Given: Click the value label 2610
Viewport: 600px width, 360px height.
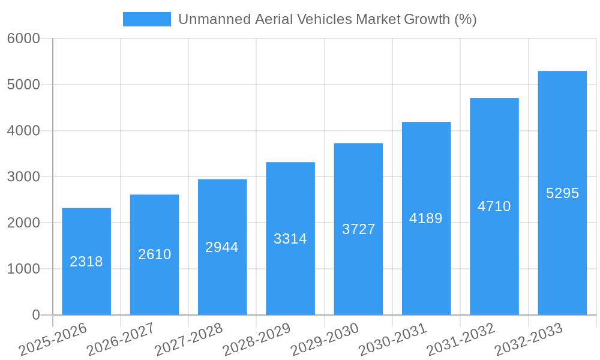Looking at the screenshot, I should point(154,254).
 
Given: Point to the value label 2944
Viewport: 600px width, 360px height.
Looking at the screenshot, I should point(222,247).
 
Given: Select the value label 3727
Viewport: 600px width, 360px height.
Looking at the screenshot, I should point(358,229).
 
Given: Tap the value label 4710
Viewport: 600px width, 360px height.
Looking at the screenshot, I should point(494,206).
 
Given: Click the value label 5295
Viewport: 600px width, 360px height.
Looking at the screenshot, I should point(562,193).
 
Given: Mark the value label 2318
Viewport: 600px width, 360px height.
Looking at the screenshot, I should point(86,262).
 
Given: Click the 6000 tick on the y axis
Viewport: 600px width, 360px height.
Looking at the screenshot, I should point(23,39).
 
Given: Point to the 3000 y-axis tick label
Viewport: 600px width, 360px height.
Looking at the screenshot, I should point(23,177).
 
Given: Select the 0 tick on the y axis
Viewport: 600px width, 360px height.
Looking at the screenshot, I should point(35,315).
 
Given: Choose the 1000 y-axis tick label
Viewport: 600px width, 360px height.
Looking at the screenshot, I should point(23,269).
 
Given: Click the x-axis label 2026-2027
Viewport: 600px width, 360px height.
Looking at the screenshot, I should point(121,340).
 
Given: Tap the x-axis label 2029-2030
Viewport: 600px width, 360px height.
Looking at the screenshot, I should point(325,340).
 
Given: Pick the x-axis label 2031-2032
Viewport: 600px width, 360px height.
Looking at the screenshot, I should point(461,340).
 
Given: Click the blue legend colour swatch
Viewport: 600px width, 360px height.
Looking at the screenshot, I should point(146,19).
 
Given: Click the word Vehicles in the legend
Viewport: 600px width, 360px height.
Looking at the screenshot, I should point(326,19).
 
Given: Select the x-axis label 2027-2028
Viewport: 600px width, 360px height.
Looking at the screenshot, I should point(188,340).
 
